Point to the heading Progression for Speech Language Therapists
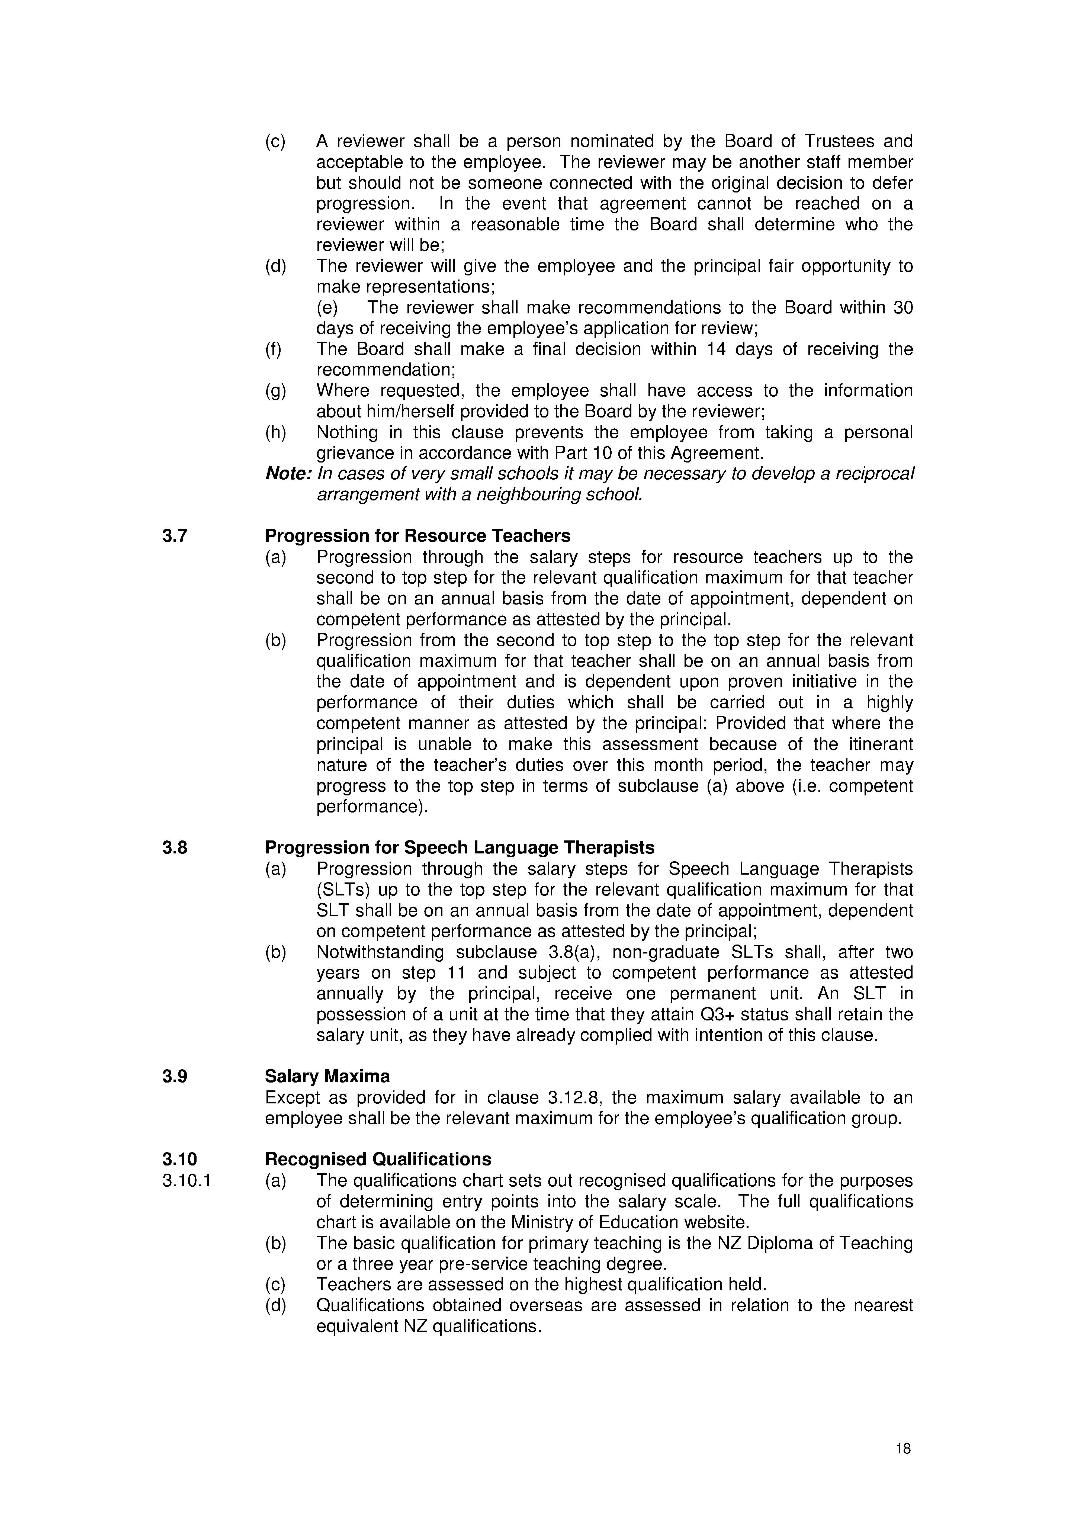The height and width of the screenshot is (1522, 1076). (x=460, y=848)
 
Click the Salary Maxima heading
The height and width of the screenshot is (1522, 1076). (x=327, y=1077)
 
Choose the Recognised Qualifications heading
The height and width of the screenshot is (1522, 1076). (x=378, y=1160)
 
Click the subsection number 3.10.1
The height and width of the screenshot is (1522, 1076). (x=186, y=1181)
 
